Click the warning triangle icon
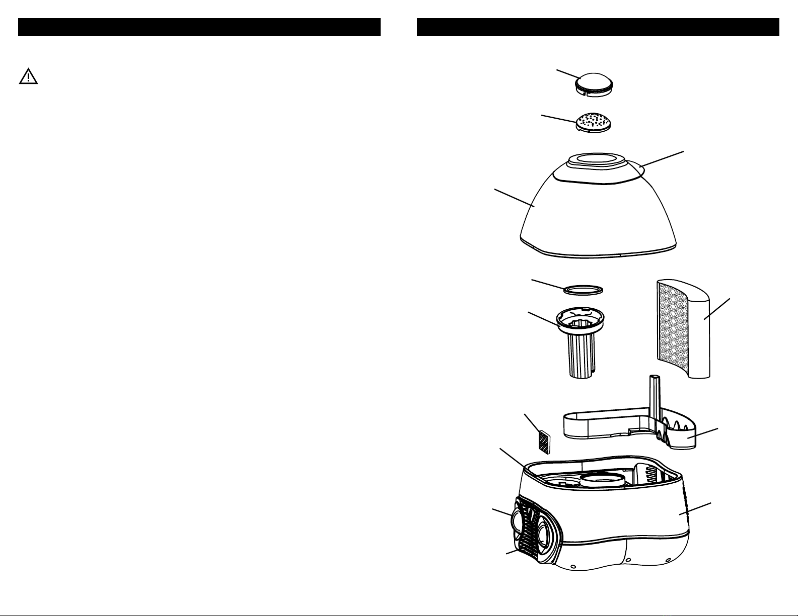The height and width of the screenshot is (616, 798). pos(29,76)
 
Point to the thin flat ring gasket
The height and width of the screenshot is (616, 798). pos(583,290)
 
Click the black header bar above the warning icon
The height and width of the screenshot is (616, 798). pos(199,27)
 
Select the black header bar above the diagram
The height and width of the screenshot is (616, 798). pos(598,27)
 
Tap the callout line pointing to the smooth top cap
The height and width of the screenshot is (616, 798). pos(567,74)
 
